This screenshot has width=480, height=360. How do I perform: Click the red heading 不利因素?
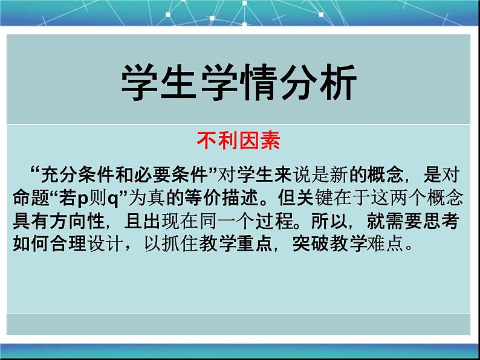pyautogui.click(x=238, y=141)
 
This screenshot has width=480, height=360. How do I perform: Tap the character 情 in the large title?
pyautogui.click(x=259, y=82)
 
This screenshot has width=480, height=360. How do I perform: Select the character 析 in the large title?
pyautogui.click(x=338, y=82)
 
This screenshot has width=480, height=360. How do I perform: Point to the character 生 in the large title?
pyautogui.click(x=179, y=82)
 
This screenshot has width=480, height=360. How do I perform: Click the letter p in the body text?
pyautogui.click(x=83, y=199)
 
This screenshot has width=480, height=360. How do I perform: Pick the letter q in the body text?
pyautogui.click(x=113, y=199)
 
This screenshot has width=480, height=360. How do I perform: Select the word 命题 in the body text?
pyautogui.click(x=31, y=198)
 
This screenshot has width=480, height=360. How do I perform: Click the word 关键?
pyautogui.click(x=315, y=198)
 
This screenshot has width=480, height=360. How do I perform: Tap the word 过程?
pyautogui.click(x=274, y=221)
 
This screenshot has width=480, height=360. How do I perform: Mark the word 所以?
pyautogui.click(x=329, y=221)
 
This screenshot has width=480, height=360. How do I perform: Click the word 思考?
pyautogui.click(x=441, y=221)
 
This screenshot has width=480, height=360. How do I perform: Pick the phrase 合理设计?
pyautogui.click(x=68, y=244)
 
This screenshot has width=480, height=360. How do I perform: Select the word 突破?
pyautogui.click(x=311, y=244)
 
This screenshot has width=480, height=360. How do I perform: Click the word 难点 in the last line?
pyautogui.click(x=385, y=244)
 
